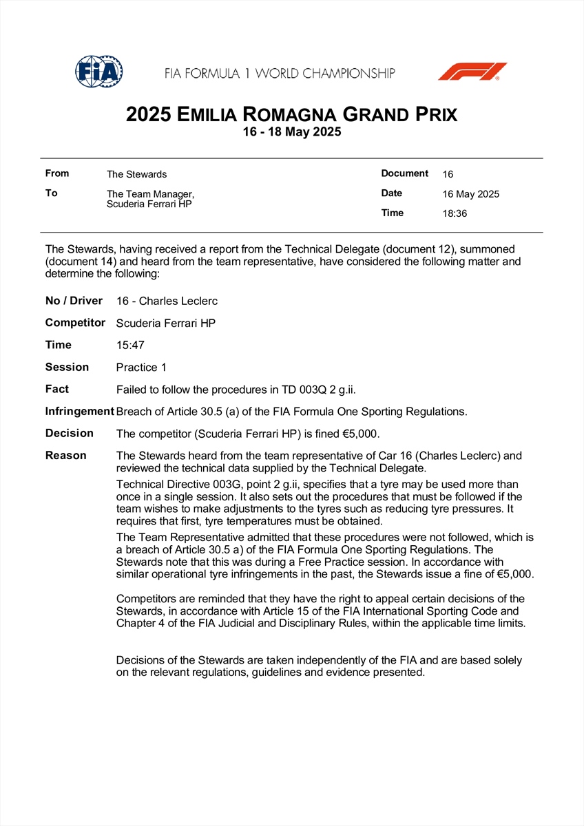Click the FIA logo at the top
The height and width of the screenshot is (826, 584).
click(x=99, y=71)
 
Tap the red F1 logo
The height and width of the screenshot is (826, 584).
click(x=472, y=72)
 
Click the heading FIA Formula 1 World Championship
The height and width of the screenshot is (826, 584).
click(x=280, y=73)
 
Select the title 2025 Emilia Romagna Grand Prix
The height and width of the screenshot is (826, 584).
click(x=291, y=114)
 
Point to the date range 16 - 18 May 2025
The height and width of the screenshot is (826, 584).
click(x=291, y=132)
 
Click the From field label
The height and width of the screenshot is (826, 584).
click(x=57, y=173)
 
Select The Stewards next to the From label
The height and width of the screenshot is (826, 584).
click(x=136, y=174)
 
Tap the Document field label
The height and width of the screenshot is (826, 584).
click(x=404, y=173)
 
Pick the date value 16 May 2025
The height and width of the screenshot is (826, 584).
click(x=470, y=194)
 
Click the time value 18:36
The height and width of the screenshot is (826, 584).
click(x=455, y=213)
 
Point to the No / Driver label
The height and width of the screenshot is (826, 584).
click(x=74, y=301)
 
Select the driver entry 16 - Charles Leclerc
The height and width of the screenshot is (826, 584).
click(x=167, y=301)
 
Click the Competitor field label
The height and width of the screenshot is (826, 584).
click(x=75, y=323)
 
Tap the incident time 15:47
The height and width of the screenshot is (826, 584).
click(x=130, y=346)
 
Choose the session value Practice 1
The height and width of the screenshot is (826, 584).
click(x=141, y=368)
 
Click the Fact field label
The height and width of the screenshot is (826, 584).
click(x=57, y=389)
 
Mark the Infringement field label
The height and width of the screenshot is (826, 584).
click(x=79, y=412)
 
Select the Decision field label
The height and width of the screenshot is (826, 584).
click(x=69, y=434)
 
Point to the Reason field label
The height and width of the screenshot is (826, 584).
click(x=66, y=456)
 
